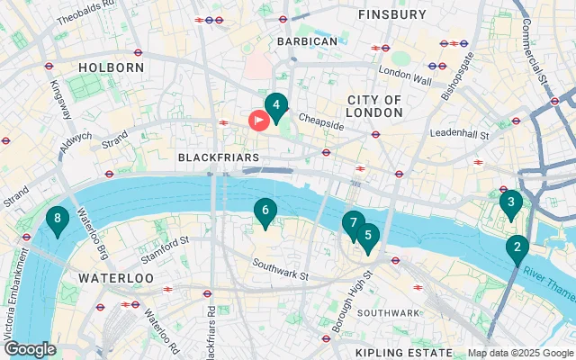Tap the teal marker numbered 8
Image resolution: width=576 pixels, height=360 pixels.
pos(58,219)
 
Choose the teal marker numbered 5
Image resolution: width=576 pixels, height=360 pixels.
pos(367,236)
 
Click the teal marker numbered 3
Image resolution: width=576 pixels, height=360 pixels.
pos(510,203)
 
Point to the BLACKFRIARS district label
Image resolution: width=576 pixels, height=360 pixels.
pos(219,157)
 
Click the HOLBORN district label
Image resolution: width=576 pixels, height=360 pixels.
pos(112,67)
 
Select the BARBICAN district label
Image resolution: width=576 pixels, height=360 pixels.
pos(307,41)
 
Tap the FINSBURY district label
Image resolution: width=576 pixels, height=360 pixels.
pos(391,15)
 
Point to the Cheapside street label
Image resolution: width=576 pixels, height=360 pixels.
pos(321,125)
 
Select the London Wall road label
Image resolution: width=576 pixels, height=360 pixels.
pos(405,70)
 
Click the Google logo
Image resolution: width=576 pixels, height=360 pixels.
pos(30,349)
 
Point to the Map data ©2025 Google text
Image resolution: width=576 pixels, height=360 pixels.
pos(519,353)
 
